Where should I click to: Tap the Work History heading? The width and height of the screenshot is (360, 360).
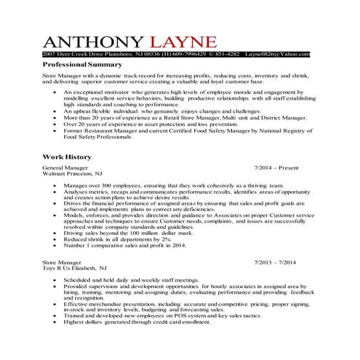67,156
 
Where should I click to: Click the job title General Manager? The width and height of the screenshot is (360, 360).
67,167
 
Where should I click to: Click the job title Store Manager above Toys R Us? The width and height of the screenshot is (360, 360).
61,261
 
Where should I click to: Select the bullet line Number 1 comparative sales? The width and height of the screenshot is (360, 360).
124,245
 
